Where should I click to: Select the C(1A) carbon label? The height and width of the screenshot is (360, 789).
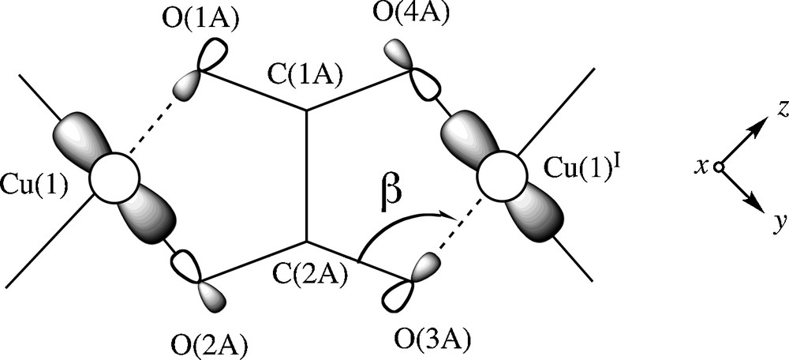[x=304, y=75]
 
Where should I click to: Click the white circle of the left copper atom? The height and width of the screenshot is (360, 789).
[x=114, y=178]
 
